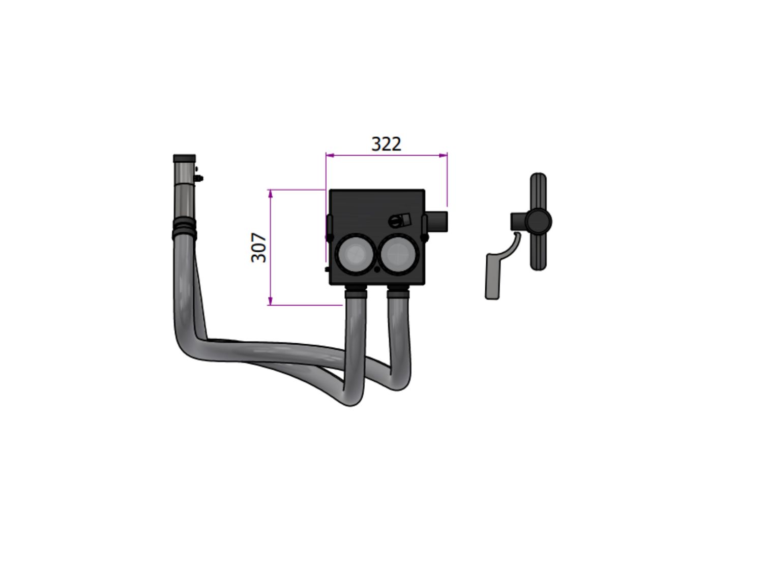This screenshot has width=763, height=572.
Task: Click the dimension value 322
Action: click(x=386, y=144)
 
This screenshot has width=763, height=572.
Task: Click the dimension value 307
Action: click(x=259, y=248)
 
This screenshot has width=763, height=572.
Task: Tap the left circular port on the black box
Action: click(x=355, y=254)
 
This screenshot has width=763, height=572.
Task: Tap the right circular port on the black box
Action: click(x=398, y=254)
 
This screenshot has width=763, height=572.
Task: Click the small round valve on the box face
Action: click(x=399, y=220)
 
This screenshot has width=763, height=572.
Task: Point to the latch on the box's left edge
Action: click(x=330, y=228)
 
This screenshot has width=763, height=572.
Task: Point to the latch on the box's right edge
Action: click(x=424, y=228)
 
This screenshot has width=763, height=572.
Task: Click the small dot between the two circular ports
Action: click(x=377, y=269)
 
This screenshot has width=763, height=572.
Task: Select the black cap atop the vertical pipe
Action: click(x=184, y=159)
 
